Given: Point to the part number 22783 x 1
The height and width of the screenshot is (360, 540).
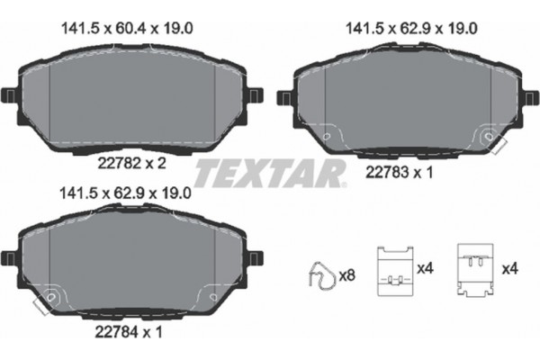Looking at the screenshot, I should [x=397, y=172].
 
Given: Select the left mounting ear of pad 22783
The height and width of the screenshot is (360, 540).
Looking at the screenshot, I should [x=285, y=96].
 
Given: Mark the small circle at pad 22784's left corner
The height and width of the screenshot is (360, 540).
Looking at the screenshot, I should [x=52, y=297].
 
